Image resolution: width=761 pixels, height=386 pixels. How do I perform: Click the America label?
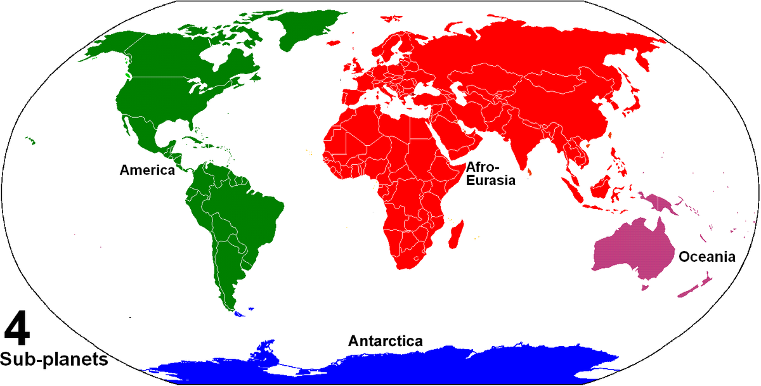147,170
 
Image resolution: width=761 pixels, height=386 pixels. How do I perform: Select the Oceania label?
706,257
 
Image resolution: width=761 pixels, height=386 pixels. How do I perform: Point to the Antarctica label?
385,341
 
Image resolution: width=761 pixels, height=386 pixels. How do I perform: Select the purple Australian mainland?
632,250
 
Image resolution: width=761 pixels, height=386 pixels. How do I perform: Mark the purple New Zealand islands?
695,286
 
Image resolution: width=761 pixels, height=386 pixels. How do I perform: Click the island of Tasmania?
645,287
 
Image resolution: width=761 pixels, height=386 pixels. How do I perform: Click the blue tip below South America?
239,312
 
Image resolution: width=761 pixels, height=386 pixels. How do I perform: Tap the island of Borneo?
602,184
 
